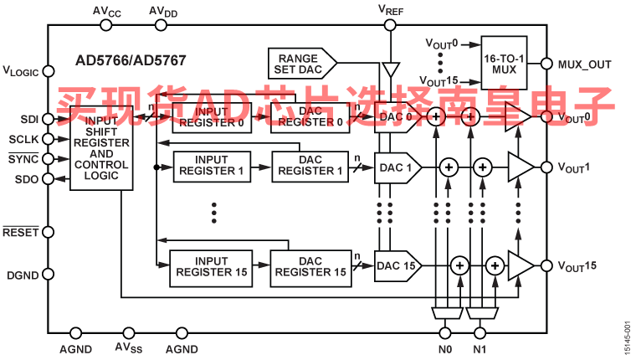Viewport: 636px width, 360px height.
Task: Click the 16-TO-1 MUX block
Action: tap(504, 63)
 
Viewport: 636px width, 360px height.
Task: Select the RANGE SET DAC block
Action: tap(297, 64)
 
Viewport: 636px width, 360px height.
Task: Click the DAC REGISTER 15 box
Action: tap(310, 266)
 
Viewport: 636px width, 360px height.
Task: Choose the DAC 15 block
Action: tap(397, 266)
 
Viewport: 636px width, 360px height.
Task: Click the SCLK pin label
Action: tap(23, 139)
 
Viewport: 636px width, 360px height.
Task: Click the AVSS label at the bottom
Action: tap(128, 348)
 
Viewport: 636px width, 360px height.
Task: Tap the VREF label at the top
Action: tap(392, 10)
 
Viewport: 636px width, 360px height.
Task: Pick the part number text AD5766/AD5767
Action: tap(125, 61)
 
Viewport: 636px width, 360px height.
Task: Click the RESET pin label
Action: tap(21, 232)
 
